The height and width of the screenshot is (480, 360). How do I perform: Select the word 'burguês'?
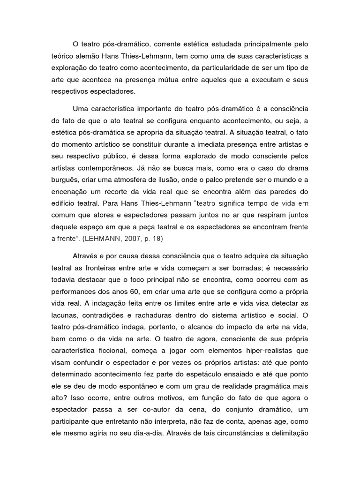coord(65,179)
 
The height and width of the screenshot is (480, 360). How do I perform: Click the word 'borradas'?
coord(230,268)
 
